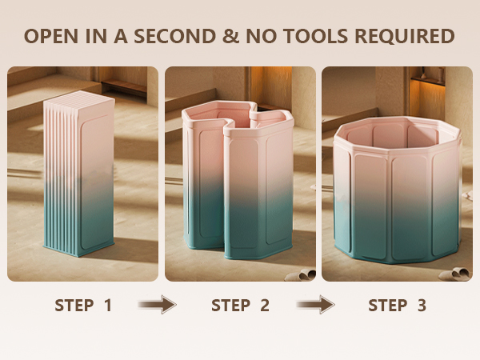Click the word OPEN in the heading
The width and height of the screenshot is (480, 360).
[50, 36]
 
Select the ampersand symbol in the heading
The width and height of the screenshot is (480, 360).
[231, 36]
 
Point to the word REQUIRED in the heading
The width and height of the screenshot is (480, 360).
[404, 36]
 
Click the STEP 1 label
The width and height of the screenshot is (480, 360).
[83, 306]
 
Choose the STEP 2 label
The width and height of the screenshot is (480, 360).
[240, 306]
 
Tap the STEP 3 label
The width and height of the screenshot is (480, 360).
[397, 306]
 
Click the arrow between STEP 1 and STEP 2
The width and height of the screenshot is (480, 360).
[158, 305]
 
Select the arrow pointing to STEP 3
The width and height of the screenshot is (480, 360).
[316, 305]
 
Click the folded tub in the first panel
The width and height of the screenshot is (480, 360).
[79, 174]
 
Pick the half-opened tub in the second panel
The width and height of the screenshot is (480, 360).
[238, 181]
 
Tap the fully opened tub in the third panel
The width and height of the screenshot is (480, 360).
[397, 190]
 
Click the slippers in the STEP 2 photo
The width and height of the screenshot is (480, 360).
[302, 275]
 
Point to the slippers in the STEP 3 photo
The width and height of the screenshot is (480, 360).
[456, 274]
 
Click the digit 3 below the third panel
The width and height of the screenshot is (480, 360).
[422, 306]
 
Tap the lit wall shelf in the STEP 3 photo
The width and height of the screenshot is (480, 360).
[428, 80]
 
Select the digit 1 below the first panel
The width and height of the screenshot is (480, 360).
[108, 306]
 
